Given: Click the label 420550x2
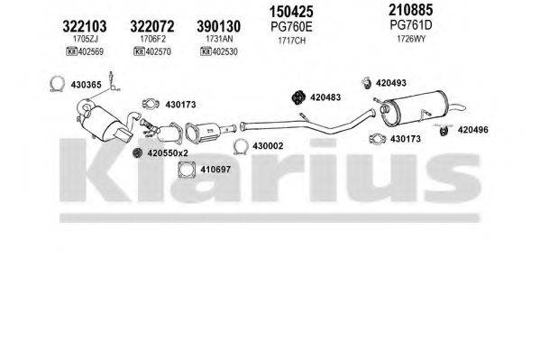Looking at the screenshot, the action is (169, 152).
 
